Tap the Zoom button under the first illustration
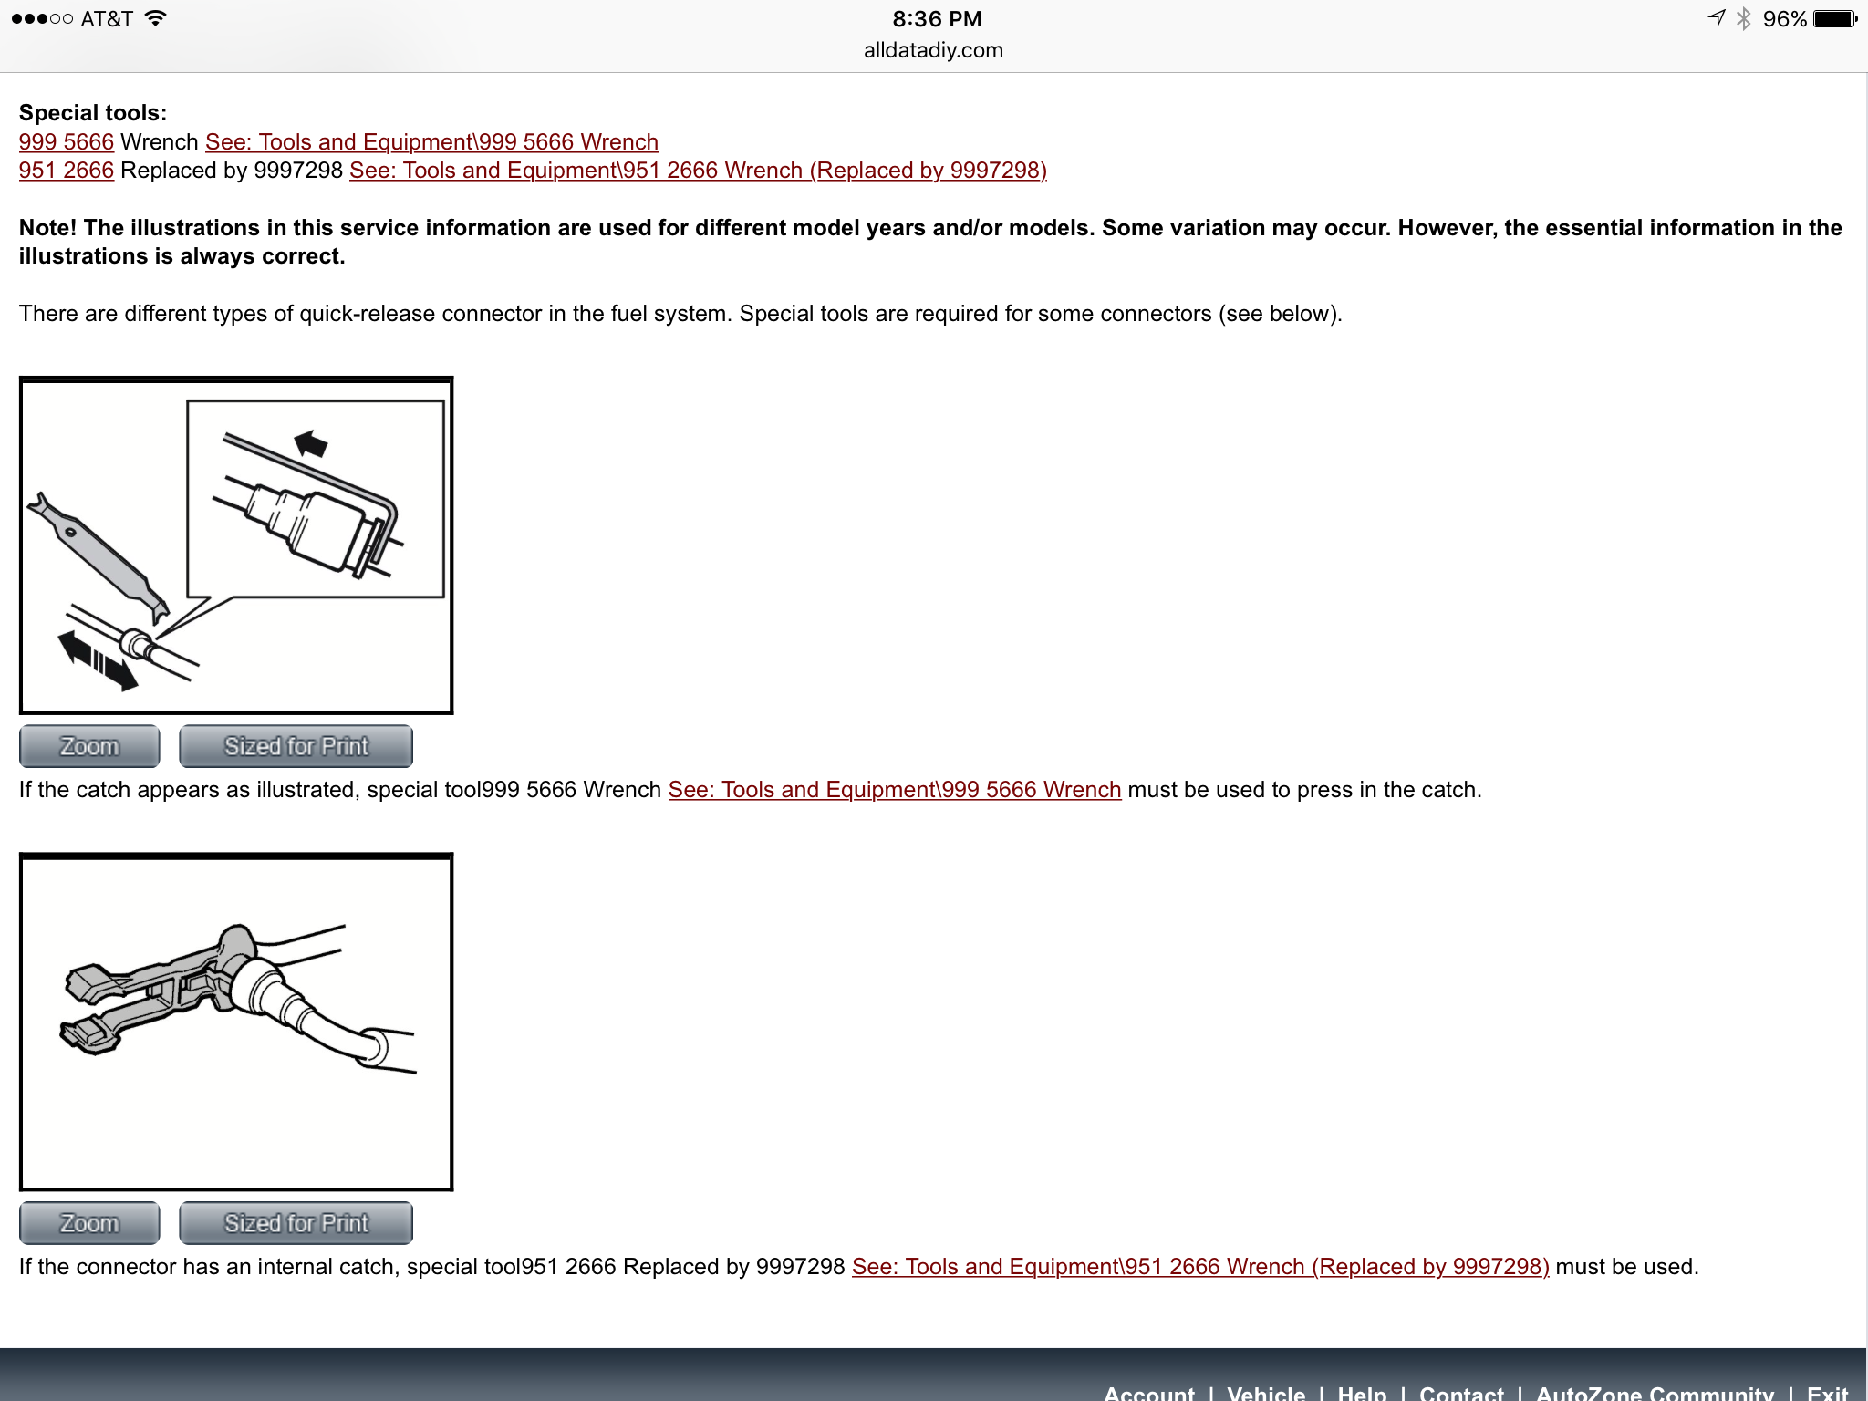coord(89,746)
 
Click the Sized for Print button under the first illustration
coord(296,746)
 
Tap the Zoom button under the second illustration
coord(89,1223)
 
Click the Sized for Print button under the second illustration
coord(296,1223)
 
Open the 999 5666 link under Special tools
coord(67,142)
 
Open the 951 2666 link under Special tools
coord(67,171)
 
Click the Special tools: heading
coord(93,113)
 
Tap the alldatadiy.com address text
coord(933,50)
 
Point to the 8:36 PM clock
coord(937,19)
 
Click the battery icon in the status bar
coord(1835,19)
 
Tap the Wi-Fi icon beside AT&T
coord(156,18)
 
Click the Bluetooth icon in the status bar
coord(1743,19)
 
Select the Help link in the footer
coord(1362,1392)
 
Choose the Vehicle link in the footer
coord(1266,1392)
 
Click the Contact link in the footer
coord(1461,1392)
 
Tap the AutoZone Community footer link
coord(1655,1392)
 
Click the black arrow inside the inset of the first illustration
coord(311,443)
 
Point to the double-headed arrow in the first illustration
coord(98,661)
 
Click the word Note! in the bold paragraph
coord(48,228)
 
